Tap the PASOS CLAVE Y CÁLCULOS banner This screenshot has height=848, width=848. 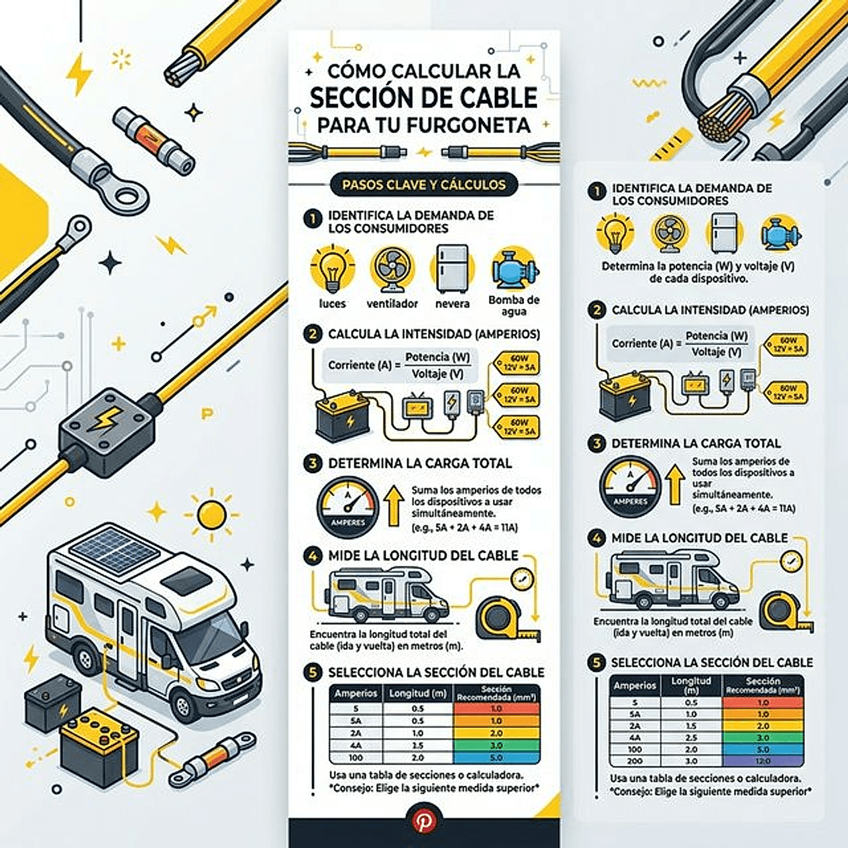424,185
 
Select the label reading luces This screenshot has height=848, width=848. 332,304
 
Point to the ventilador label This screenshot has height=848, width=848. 392,304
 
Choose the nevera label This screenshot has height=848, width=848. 452,304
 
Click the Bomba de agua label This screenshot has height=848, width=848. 514,305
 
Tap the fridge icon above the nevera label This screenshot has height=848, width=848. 452,268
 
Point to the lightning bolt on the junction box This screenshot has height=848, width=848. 109,419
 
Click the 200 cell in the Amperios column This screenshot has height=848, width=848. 635,761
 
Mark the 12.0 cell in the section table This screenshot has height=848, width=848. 763,761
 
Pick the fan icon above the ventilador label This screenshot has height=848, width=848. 392,268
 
